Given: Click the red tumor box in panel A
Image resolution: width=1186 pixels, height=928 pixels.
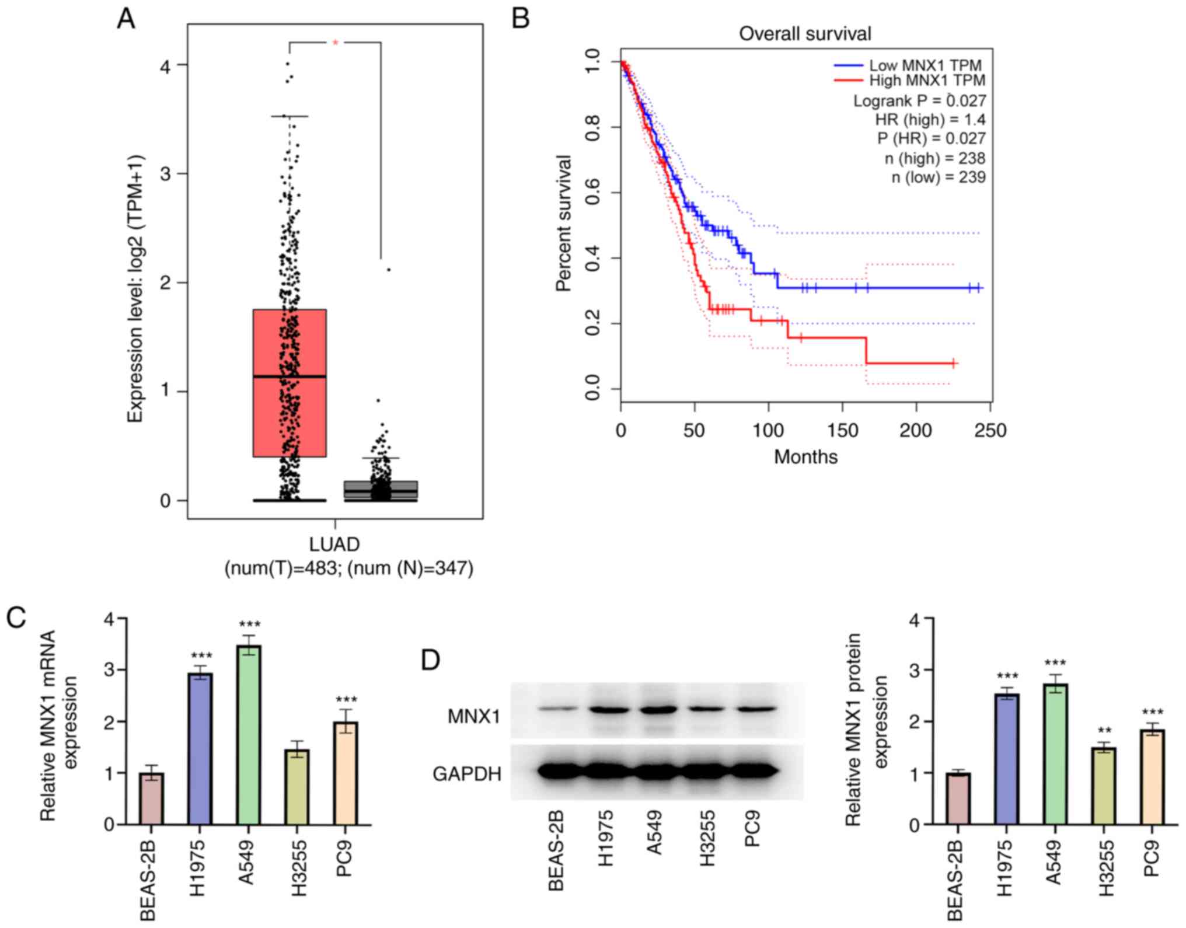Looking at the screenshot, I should [289, 383].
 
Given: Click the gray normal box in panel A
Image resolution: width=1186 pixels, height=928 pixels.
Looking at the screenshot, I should [381, 490].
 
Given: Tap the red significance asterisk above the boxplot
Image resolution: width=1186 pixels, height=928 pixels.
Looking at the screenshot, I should [336, 43].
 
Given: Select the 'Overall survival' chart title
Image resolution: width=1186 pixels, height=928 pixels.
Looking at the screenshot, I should [805, 34].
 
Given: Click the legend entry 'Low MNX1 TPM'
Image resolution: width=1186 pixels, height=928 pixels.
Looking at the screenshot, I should [925, 65].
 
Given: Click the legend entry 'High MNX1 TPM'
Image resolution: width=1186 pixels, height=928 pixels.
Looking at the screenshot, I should [927, 81].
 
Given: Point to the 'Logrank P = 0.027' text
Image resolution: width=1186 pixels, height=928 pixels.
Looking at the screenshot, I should [919, 101].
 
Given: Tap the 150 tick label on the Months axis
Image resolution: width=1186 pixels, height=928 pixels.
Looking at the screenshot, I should [842, 431].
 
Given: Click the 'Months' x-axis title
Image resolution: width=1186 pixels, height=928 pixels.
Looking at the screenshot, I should [805, 457].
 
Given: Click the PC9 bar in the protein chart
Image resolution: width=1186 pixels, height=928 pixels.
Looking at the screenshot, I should [1151, 777].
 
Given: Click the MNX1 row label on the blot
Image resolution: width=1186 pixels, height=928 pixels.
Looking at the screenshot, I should [474, 716].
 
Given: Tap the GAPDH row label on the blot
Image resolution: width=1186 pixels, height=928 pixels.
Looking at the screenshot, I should [467, 774].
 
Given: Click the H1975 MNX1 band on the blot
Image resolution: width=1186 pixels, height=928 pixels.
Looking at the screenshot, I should [610, 710].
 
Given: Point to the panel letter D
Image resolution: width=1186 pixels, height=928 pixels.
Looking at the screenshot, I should [431, 660].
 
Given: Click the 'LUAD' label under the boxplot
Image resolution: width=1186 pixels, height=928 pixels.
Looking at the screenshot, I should [334, 544].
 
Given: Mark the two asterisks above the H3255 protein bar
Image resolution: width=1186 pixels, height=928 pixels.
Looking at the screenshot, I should [1104, 731].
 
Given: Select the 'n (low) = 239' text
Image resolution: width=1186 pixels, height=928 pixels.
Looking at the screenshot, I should [938, 177].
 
